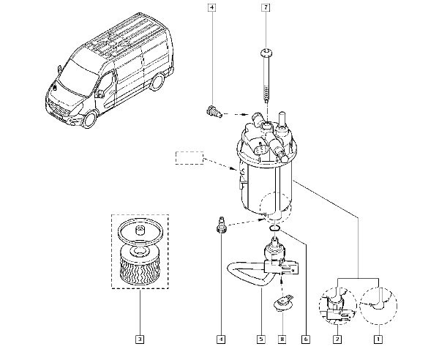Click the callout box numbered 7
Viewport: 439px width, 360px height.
click(266, 7)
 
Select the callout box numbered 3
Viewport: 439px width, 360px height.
click(140, 340)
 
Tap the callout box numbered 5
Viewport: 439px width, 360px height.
click(261, 340)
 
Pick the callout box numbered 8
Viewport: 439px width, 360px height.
click(282, 340)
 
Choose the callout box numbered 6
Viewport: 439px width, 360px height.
click(306, 340)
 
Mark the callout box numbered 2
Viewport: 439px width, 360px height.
click(337, 340)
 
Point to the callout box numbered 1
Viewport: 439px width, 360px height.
click(378, 340)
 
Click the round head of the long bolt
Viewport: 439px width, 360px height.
click(266, 53)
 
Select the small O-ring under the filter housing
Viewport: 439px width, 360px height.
click(275, 228)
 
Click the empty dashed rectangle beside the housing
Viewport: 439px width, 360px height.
click(190, 158)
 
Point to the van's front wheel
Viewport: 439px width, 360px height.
click(90, 119)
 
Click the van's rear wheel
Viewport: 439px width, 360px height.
click(157, 82)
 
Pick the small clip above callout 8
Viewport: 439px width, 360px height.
click(283, 303)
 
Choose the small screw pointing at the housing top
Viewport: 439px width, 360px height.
click(214, 112)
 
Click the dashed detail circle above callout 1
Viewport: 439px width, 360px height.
click(378, 306)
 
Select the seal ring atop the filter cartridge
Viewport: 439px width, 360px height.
click(140, 230)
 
